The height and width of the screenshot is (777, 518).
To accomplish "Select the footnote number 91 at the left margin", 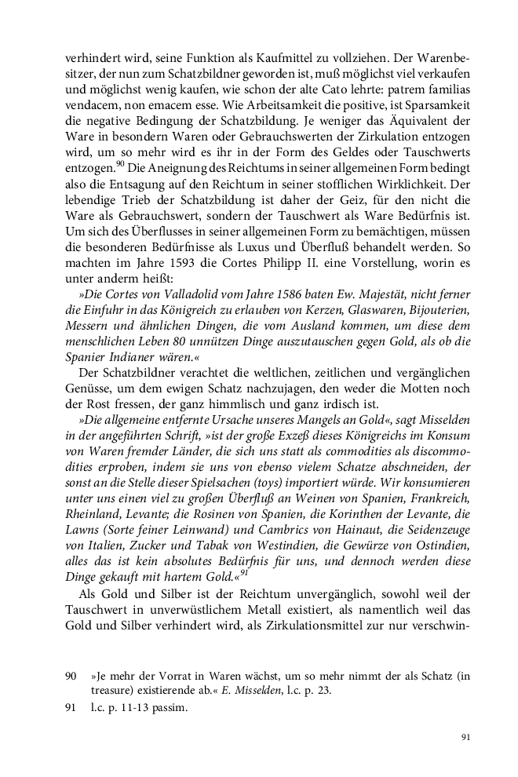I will point(71,708).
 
